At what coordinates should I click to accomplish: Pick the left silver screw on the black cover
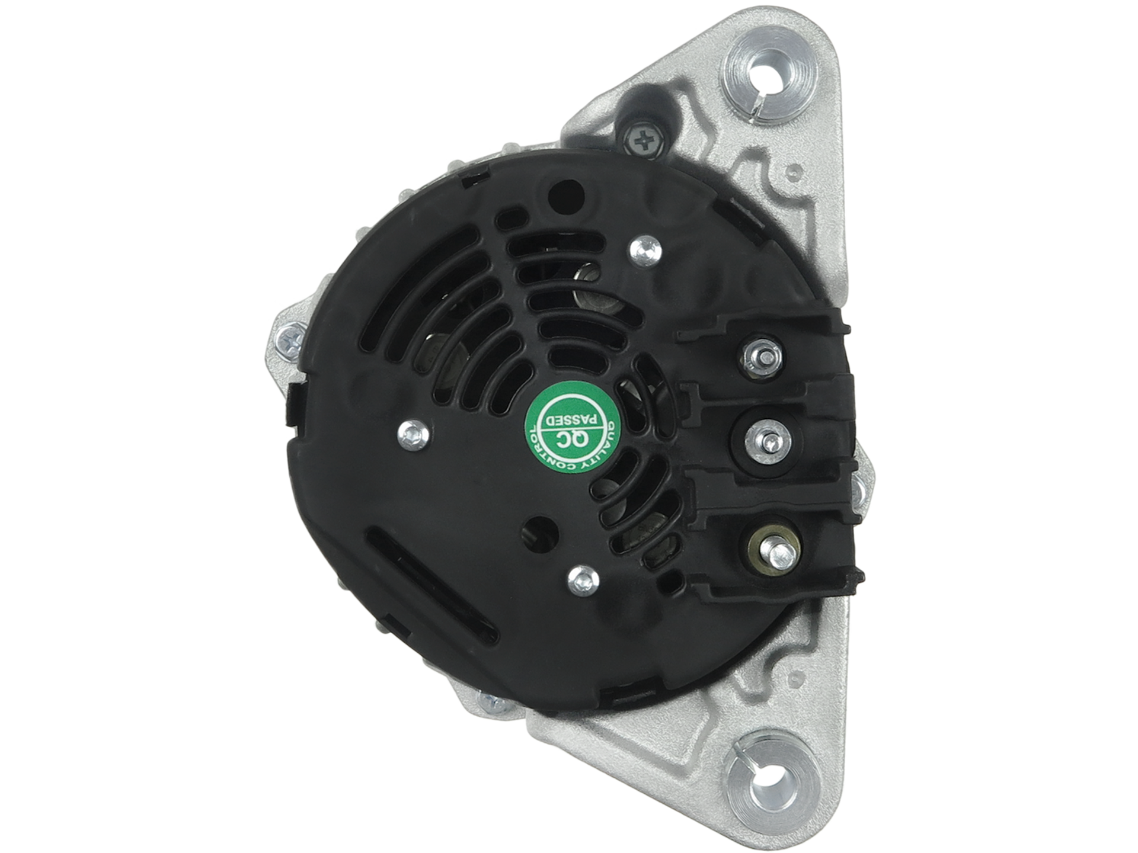(x=413, y=435)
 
